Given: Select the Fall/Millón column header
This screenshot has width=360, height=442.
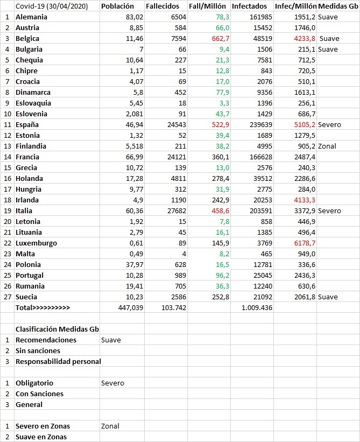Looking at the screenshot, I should coord(208,6).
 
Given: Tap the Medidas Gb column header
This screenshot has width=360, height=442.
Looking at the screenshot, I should coord(338,6).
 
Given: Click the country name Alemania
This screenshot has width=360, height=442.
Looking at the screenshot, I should coord(31,17).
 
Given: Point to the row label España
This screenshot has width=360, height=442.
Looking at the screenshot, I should coord(27,124).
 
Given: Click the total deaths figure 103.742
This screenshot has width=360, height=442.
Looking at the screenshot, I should coord(173,307).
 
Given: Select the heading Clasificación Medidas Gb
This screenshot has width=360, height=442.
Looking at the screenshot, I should coord(57,329).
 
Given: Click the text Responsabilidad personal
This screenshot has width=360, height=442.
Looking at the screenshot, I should coord(58,361).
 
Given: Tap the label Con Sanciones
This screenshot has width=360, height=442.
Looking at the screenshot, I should coord(39,394).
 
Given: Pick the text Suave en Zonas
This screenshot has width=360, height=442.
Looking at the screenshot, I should coord(41,437).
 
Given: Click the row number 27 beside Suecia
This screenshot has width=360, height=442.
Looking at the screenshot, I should coord(7,297).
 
